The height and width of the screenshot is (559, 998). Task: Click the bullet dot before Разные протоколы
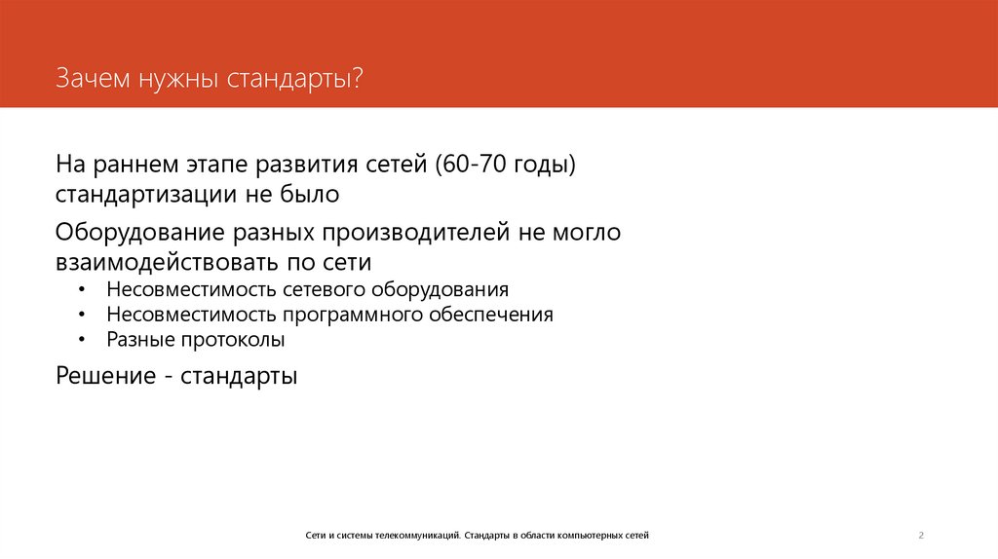85,341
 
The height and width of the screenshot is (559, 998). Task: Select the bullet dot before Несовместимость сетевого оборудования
85,290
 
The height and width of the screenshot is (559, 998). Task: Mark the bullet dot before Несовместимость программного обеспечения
85,316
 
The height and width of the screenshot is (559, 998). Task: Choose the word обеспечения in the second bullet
495,316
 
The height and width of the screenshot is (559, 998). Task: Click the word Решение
103,375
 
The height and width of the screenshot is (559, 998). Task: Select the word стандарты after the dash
238,375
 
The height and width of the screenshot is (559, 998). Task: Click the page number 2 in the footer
920,536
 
